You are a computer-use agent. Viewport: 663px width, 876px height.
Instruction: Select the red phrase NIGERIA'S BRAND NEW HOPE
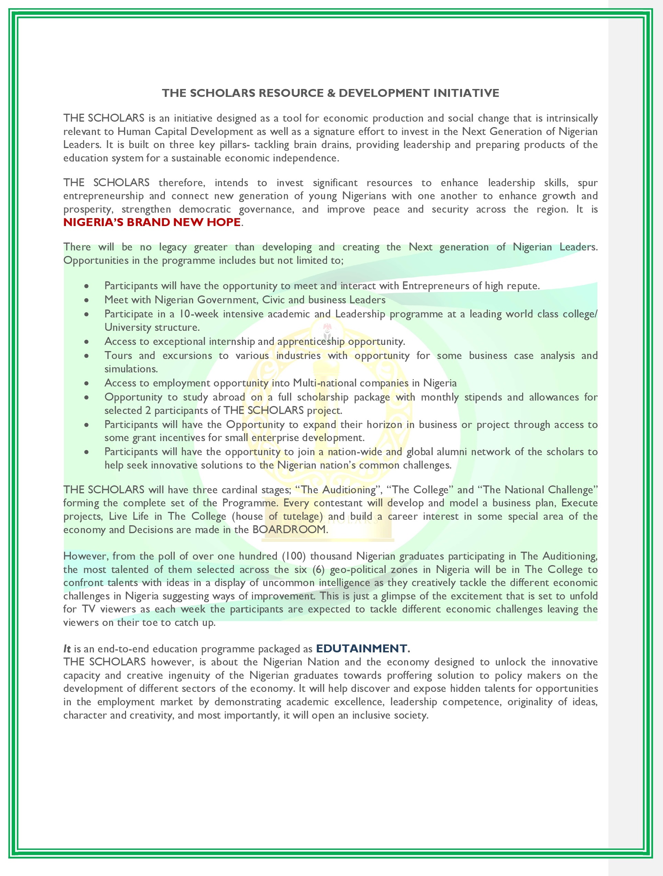point(152,222)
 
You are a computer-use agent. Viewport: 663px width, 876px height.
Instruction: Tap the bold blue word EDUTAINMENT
point(361,648)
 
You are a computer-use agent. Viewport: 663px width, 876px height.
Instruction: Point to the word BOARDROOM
point(289,529)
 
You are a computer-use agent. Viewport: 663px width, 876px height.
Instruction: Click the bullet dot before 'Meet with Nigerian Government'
point(86,301)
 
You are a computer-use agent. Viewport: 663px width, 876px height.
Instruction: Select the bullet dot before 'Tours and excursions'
point(86,356)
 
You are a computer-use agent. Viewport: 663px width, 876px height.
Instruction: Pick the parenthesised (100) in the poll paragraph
point(293,556)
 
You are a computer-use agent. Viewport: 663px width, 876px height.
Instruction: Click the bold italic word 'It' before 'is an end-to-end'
point(67,649)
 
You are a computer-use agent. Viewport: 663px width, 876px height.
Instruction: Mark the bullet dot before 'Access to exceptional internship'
point(86,342)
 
